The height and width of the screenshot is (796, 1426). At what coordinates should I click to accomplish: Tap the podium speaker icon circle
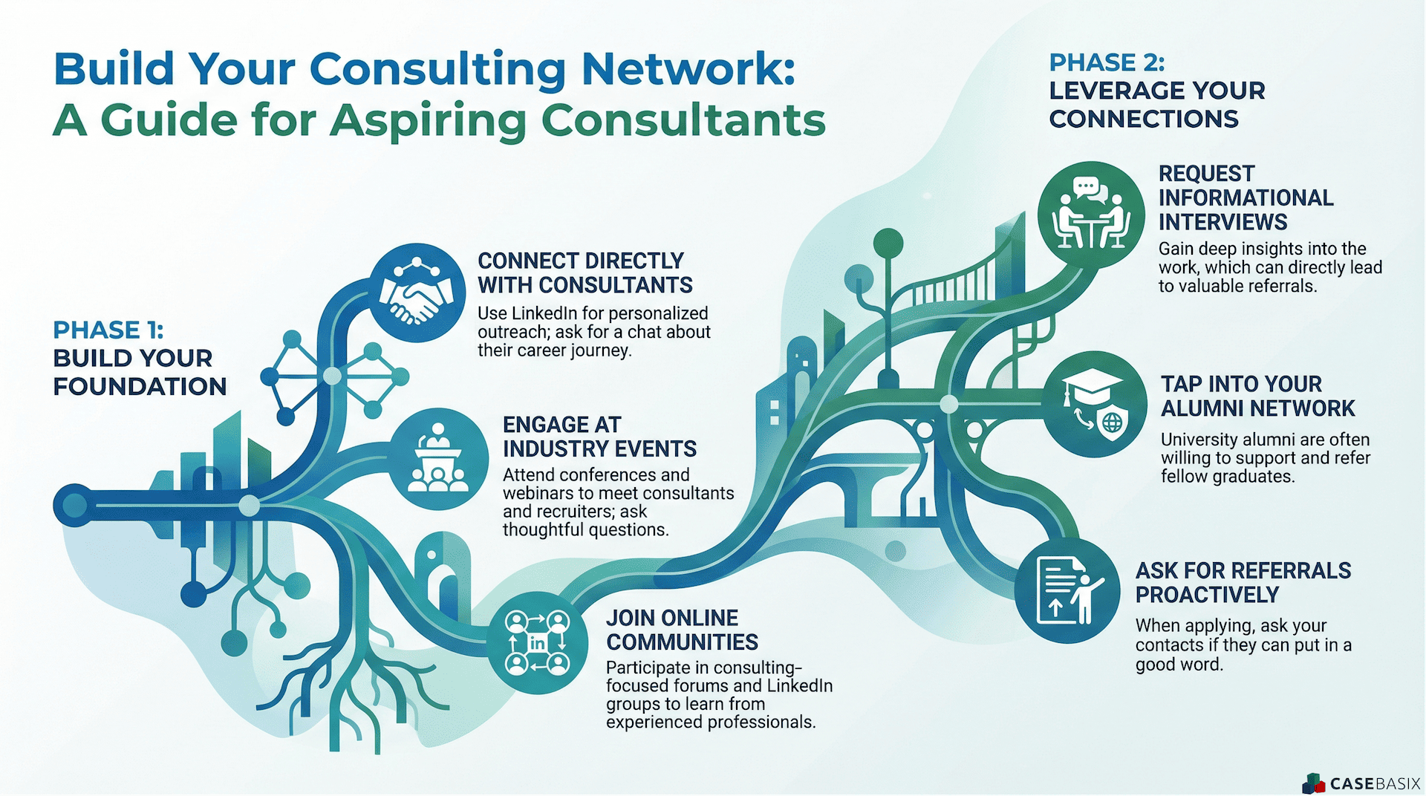coord(438,459)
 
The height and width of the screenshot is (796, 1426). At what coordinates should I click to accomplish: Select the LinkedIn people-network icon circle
coord(537,643)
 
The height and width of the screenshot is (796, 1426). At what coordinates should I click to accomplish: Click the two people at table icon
coord(1091,215)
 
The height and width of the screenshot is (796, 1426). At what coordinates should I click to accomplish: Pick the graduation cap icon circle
coord(1095,404)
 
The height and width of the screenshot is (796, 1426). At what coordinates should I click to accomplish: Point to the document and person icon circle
coord(1067,591)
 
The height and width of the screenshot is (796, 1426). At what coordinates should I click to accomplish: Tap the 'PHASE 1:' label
coord(108,330)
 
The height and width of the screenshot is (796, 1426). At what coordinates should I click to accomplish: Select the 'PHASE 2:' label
coord(1107,62)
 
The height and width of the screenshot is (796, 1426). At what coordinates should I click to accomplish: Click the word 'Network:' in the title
coord(688,69)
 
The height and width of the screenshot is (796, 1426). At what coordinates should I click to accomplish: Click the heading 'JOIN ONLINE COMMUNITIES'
coord(682,630)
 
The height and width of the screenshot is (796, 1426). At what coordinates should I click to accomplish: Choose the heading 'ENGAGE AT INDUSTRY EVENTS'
coord(599,437)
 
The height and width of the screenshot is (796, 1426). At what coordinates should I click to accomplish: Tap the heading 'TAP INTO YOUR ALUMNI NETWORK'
coord(1257,396)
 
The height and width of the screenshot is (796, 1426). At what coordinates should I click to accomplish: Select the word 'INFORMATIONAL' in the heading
coord(1246,198)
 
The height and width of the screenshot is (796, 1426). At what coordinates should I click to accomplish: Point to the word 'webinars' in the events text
coord(538,493)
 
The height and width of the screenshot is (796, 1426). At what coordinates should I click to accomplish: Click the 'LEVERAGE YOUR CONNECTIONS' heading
coord(1156,105)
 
